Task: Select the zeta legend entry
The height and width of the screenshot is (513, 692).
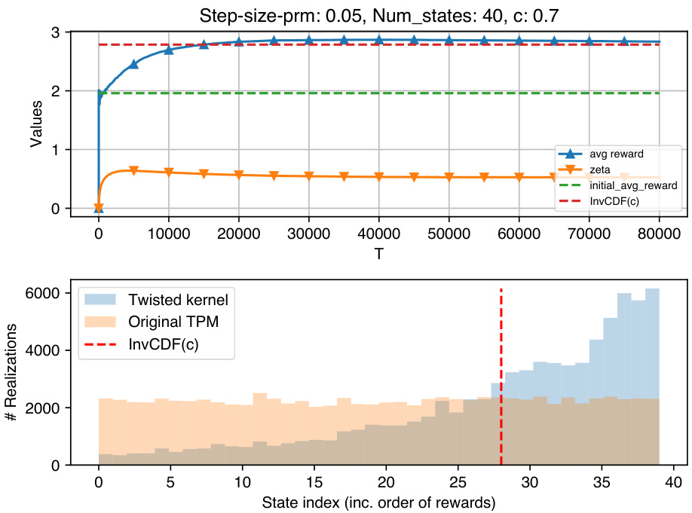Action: point(599,169)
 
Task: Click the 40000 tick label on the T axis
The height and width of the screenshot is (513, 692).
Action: point(378,235)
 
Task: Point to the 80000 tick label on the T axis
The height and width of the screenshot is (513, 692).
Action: point(659,235)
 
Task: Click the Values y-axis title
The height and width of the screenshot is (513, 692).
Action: point(36,120)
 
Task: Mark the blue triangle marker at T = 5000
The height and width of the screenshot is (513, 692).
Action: point(133,65)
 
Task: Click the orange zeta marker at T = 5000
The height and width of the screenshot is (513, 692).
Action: point(133,171)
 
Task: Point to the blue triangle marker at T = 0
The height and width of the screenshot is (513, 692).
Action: point(98,207)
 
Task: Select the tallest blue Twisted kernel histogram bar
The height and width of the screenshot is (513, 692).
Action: point(652,377)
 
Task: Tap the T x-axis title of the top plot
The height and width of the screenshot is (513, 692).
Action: point(378,254)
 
